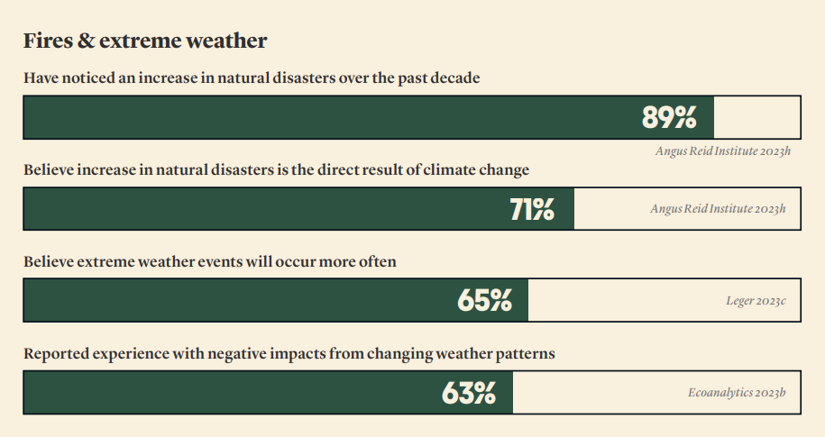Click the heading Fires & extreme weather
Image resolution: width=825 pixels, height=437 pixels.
145,41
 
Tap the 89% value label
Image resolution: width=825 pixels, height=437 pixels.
669,117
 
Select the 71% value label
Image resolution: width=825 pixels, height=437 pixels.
532,209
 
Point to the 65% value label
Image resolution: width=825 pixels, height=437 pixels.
484,301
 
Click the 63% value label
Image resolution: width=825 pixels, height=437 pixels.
469,393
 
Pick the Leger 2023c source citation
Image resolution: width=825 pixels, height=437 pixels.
756,301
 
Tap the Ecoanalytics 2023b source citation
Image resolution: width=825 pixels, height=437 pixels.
737,393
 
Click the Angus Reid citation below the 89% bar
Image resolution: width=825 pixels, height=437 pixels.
722,151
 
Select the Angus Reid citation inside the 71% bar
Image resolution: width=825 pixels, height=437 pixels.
718,209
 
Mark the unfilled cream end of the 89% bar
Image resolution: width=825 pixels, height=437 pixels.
756,117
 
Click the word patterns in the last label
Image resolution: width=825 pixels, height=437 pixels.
524,354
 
